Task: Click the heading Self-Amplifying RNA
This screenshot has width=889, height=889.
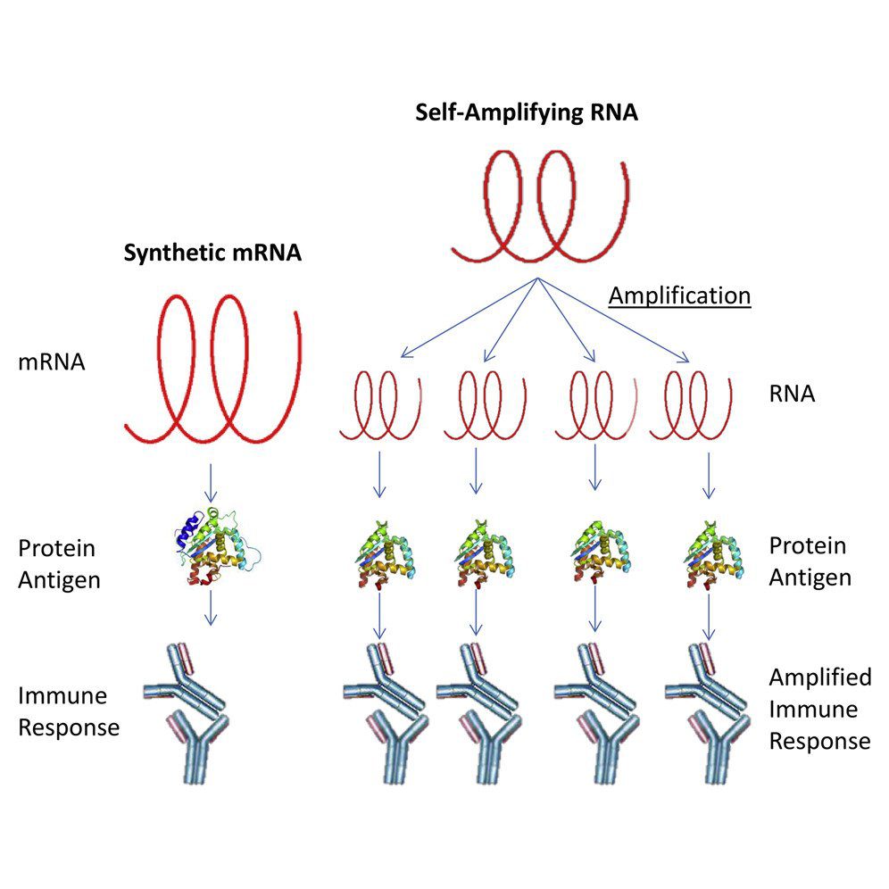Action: pyautogui.click(x=527, y=113)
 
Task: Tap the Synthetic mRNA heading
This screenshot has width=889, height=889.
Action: pyautogui.click(x=212, y=253)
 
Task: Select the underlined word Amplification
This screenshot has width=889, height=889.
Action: pyautogui.click(x=679, y=295)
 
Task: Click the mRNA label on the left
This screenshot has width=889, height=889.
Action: pyautogui.click(x=52, y=362)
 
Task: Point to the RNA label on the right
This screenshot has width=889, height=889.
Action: pyautogui.click(x=792, y=394)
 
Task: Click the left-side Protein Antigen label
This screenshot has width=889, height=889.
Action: pyautogui.click(x=57, y=563)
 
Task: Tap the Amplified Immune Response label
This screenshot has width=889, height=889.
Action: pyautogui.click(x=819, y=709)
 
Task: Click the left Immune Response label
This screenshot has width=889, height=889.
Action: pyautogui.click(x=69, y=710)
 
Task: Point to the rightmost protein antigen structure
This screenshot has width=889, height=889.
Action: pyautogui.click(x=710, y=558)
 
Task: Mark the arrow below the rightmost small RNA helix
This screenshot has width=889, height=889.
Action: pyautogui.click(x=709, y=475)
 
